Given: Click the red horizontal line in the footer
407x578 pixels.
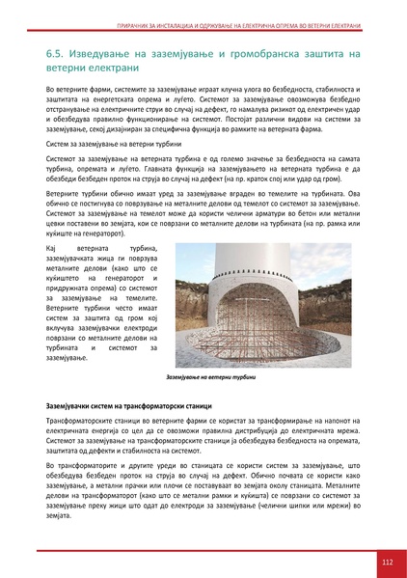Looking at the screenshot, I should [193, 548].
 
